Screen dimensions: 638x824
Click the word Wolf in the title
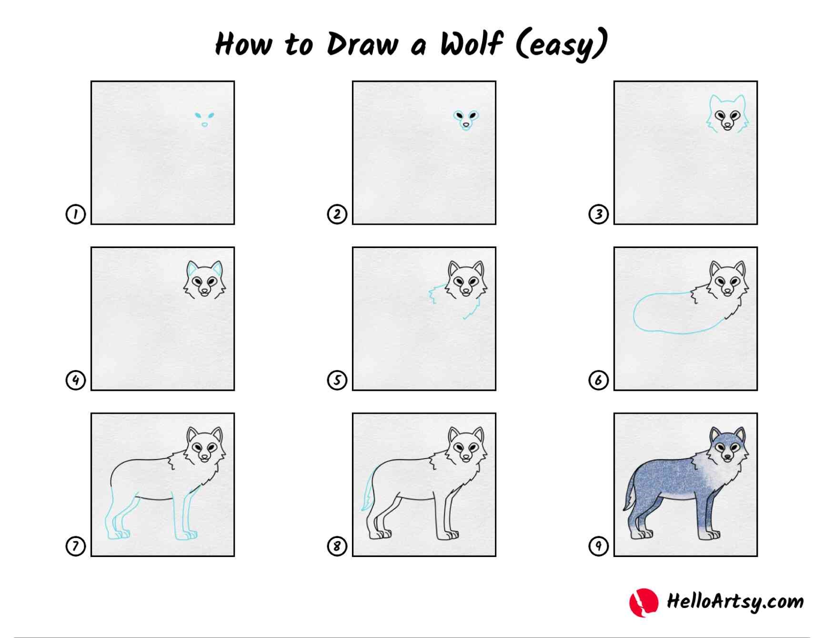[472, 44]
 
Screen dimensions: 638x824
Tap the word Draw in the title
[362, 44]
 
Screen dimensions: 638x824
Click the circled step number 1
[75, 214]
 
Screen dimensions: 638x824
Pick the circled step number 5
[337, 380]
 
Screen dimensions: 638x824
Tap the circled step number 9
[598, 546]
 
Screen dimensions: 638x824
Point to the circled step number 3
[598, 214]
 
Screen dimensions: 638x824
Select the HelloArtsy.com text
[734, 601]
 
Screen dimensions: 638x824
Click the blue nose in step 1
[204, 125]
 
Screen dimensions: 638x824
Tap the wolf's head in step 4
[204, 281]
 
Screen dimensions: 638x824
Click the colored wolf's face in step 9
[727, 448]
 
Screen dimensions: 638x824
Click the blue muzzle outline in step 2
[466, 125]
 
